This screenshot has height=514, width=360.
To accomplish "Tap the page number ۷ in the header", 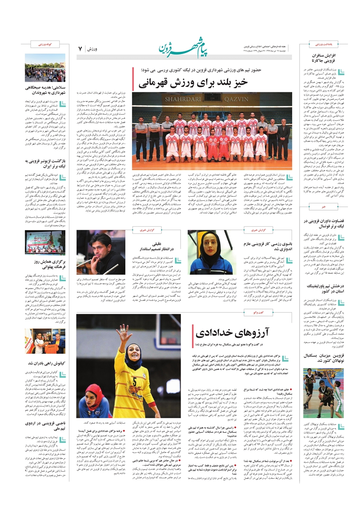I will point(80,49).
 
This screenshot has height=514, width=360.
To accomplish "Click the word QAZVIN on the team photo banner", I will point(236,99).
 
